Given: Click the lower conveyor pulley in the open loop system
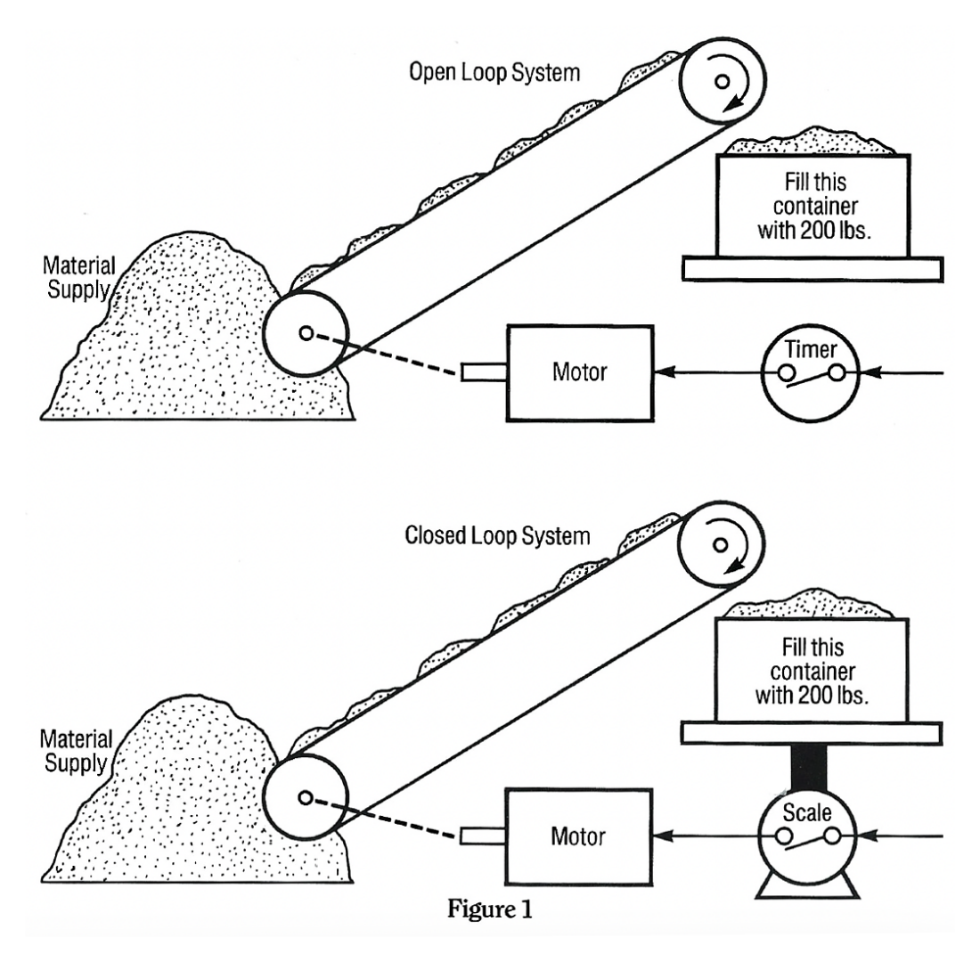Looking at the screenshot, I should (306, 333).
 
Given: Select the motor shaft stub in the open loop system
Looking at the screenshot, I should (484, 371).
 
